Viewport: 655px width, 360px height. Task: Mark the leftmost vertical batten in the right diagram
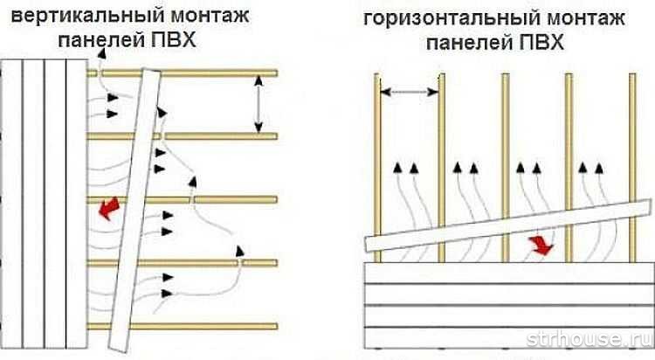[x=378, y=149]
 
